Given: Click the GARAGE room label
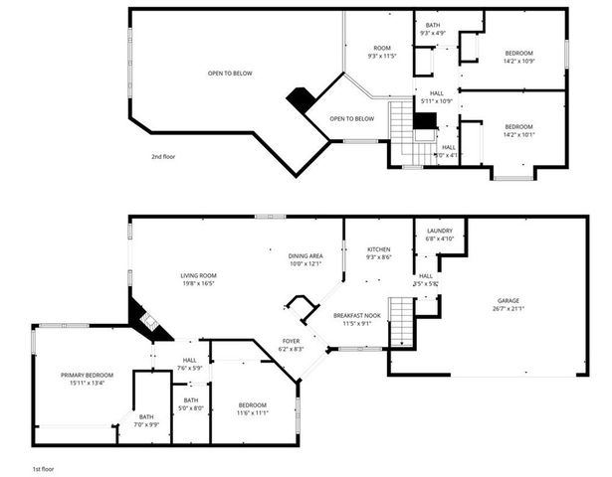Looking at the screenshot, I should tap(509, 301).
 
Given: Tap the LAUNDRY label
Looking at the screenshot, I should tap(440, 230).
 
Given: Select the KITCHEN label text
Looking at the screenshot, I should tap(378, 248).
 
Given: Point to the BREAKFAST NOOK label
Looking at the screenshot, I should tap(352, 314).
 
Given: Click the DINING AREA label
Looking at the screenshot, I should tap(306, 255).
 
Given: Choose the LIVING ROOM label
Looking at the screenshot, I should tap(198, 275).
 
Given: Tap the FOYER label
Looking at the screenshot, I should tap(290, 341).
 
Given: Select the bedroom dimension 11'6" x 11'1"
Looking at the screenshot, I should tap(252, 412).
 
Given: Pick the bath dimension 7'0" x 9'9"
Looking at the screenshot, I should tap(147, 424).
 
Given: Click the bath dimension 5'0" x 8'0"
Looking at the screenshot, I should tap(191, 407).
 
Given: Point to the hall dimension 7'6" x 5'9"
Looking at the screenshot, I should tap(190, 369).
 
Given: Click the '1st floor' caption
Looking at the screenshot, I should tap(42, 467).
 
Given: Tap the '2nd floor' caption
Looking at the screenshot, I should tap(163, 156).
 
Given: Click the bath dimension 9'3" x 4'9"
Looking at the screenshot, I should tap(433, 34).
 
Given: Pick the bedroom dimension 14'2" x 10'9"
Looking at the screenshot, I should tap(518, 62).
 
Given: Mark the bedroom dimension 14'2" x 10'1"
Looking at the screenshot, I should tap(518, 134).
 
